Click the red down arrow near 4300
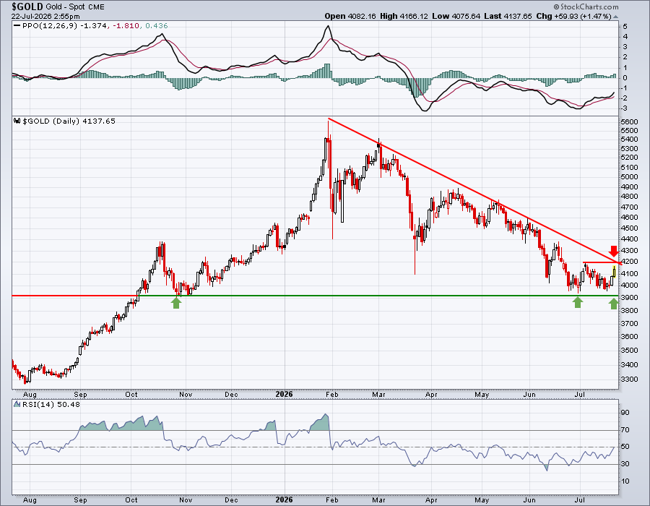point(613,251)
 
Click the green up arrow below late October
point(176,303)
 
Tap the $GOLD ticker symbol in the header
point(27,7)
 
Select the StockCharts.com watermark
point(586,7)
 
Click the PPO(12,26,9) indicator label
point(50,26)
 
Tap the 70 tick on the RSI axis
point(625,429)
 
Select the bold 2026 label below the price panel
point(284,394)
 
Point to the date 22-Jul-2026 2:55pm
point(45,17)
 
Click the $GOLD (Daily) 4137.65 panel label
point(69,121)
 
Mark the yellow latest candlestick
point(614,272)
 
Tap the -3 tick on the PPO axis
point(625,108)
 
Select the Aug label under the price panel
point(30,394)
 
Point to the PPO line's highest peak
point(328,26)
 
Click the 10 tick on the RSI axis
point(625,481)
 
